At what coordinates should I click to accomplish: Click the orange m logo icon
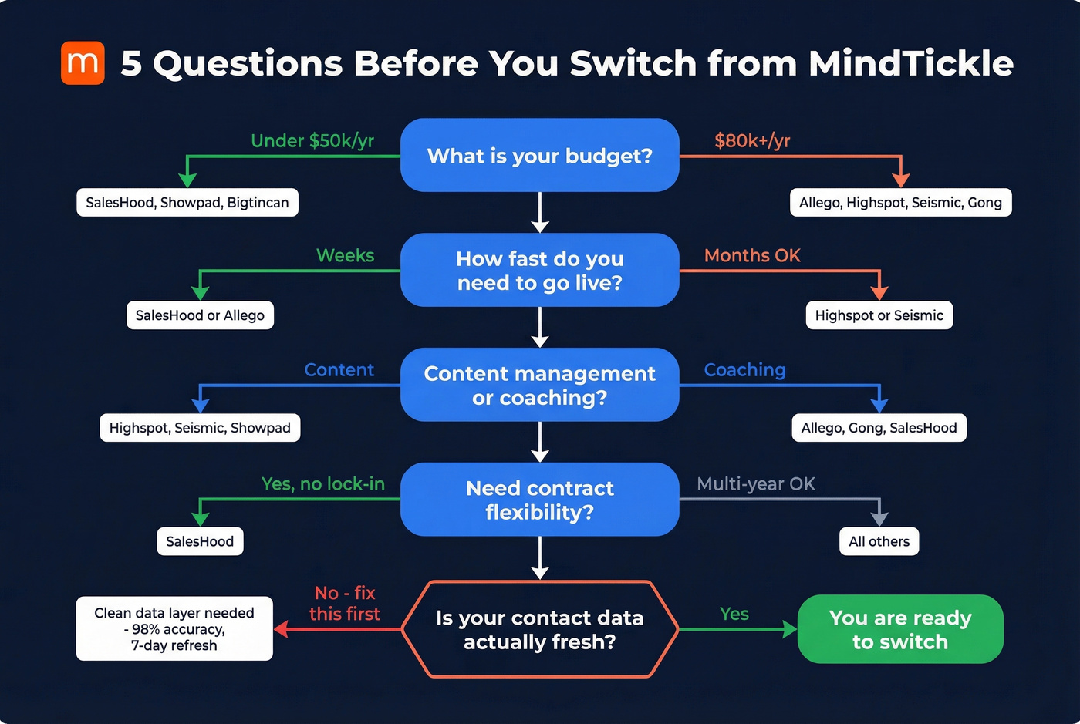(83, 63)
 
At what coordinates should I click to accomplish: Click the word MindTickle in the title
(910, 63)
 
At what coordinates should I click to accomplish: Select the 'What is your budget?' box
(539, 155)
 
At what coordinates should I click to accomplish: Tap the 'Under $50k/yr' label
(312, 140)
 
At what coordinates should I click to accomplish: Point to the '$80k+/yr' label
(752, 140)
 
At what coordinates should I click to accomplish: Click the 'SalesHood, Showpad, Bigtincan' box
(187, 203)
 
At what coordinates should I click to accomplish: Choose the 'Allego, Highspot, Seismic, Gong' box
(900, 203)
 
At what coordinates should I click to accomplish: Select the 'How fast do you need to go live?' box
(539, 270)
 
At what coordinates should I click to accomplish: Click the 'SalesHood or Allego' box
(200, 315)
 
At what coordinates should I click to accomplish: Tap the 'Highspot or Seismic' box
(879, 315)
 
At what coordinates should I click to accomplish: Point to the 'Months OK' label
(752, 255)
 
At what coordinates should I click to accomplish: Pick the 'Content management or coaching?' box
(539, 385)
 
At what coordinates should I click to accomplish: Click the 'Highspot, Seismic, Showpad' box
(200, 428)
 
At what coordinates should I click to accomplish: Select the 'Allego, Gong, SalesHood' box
(879, 428)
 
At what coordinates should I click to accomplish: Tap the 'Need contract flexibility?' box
(539, 500)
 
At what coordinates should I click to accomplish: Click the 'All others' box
(879, 541)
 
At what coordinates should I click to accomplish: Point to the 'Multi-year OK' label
(756, 483)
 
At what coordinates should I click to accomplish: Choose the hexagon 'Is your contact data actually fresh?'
(539, 629)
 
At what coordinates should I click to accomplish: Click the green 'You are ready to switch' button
(900, 629)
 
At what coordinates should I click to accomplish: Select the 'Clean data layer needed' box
(174, 628)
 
